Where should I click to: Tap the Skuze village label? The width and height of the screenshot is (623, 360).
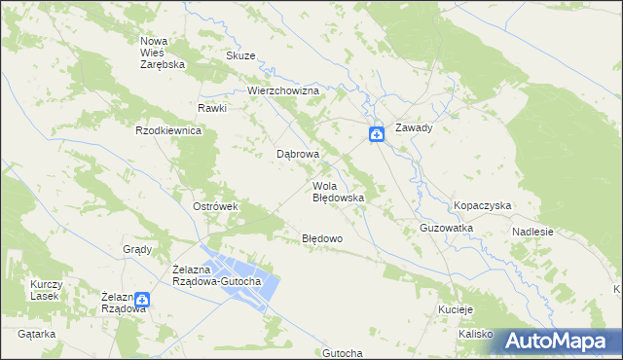point(240,56)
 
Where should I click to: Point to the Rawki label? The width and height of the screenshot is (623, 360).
point(212,108)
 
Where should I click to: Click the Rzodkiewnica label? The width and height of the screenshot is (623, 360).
point(168,130)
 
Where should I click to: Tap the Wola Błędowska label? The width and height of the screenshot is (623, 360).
point(338,192)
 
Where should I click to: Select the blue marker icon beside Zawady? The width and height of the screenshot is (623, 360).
point(376,134)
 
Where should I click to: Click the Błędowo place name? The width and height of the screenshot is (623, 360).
point(321,238)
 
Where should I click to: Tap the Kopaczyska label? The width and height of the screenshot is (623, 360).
point(483,206)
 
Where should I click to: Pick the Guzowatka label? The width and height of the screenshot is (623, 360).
point(446,228)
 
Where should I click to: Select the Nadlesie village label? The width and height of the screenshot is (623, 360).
point(533,233)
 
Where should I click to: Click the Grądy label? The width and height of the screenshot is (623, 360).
point(137,249)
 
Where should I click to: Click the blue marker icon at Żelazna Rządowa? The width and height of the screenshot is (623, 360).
point(142,301)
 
